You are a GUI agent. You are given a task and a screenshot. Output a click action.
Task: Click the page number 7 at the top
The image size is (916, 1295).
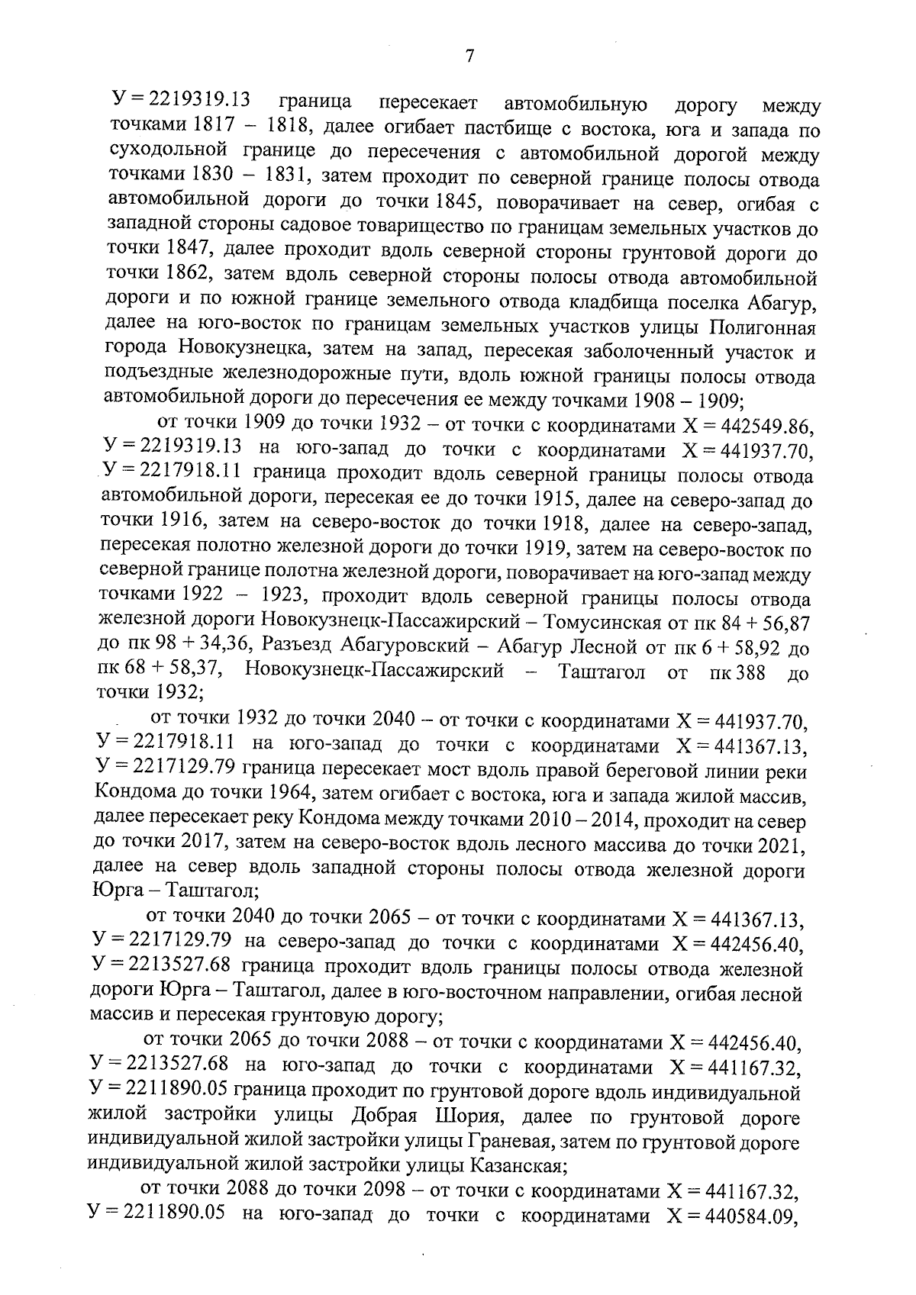click(x=469, y=57)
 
